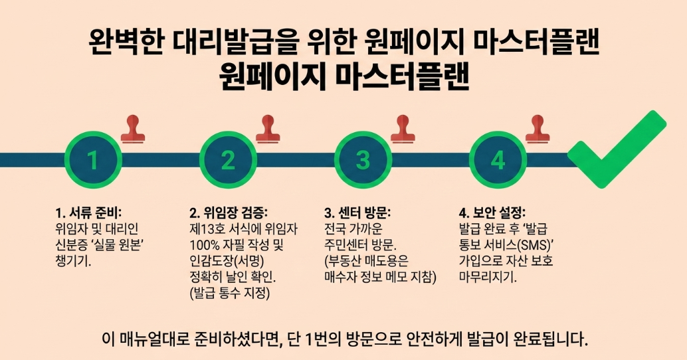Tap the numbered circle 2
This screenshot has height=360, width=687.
tap(228, 160)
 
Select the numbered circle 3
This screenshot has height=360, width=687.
tap(363, 160)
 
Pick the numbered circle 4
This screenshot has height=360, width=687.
tap(498, 160)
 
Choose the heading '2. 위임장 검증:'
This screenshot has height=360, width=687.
tap(229, 213)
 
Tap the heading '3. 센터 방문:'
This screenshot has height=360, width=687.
tap(358, 213)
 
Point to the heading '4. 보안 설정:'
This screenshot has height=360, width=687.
tap(492, 213)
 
